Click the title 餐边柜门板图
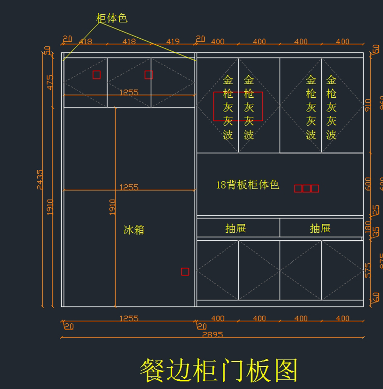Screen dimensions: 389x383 point(219,370)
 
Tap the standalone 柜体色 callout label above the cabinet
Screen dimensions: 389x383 point(112,18)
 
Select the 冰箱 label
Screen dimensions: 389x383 point(134,230)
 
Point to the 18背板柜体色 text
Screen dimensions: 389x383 point(247,185)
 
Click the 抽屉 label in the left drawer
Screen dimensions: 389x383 point(236,228)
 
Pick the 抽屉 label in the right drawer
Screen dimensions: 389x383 point(320,228)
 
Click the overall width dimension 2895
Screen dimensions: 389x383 point(213,334)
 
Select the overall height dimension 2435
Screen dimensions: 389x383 point(40,180)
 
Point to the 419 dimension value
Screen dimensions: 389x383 point(173,41)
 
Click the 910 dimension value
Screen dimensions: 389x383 point(368,105)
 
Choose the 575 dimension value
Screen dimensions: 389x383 point(368,270)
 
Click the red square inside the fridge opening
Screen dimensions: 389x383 point(185,272)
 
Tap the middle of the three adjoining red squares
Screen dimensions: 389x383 point(306,189)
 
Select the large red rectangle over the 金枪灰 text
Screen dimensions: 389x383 point(238,106)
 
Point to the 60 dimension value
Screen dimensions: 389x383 point(376,297)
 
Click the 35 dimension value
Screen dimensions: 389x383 point(376,231)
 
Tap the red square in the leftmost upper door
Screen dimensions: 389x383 point(96,75)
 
